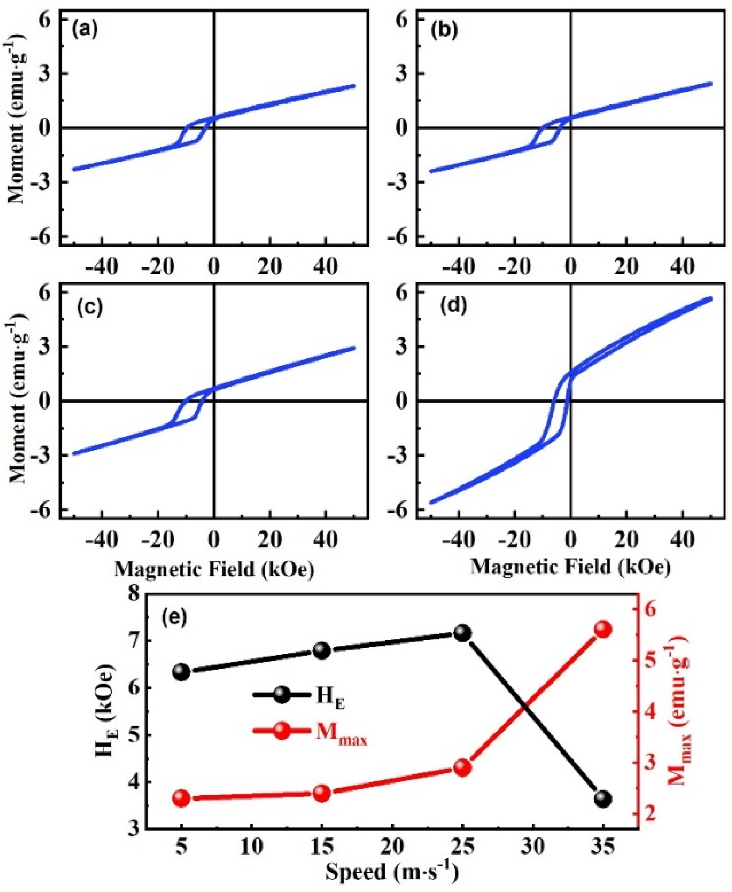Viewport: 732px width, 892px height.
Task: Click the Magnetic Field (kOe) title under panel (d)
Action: point(570,567)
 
